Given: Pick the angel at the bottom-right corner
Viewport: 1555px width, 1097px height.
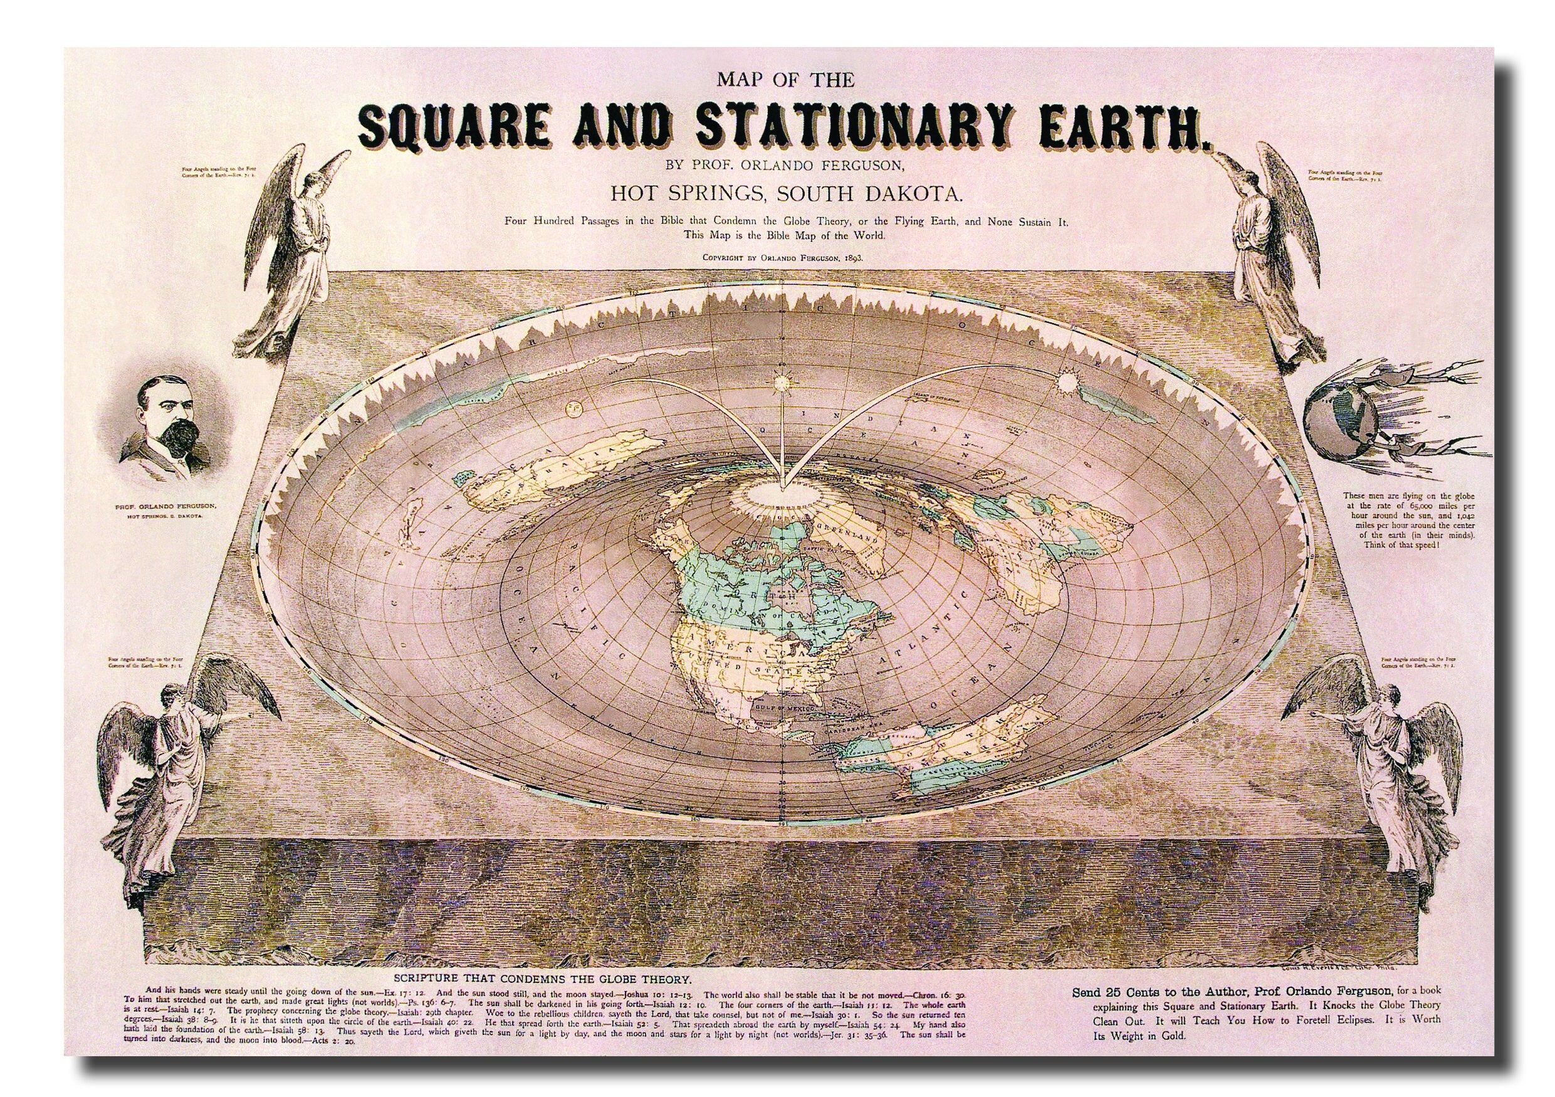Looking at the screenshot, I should (1378, 766).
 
